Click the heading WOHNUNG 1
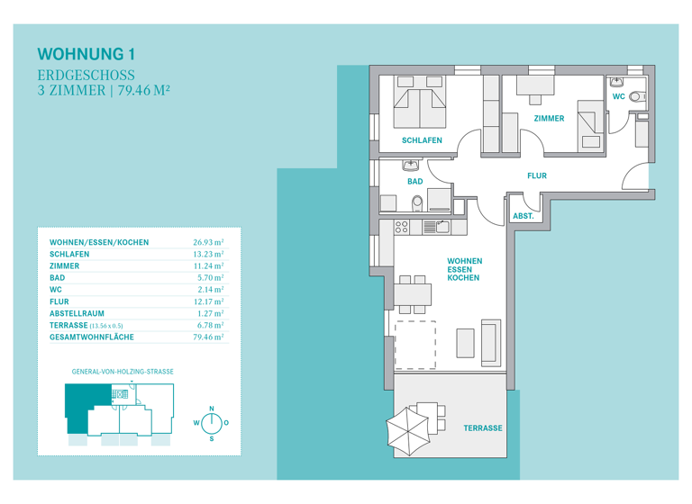(x=87, y=54)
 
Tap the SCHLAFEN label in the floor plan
(x=422, y=140)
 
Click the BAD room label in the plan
(x=414, y=181)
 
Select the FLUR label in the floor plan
(x=536, y=176)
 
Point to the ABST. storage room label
(x=523, y=216)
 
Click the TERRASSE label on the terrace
(x=483, y=427)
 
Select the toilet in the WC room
(x=636, y=96)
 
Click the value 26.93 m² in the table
(x=208, y=243)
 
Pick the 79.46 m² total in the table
(x=208, y=337)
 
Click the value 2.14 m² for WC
(x=210, y=290)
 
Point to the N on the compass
(x=212, y=409)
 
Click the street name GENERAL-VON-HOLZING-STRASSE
(x=123, y=371)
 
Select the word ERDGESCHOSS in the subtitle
(x=86, y=75)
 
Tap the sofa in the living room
(x=492, y=342)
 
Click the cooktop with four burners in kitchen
(x=403, y=227)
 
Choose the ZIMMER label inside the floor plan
(x=548, y=118)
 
